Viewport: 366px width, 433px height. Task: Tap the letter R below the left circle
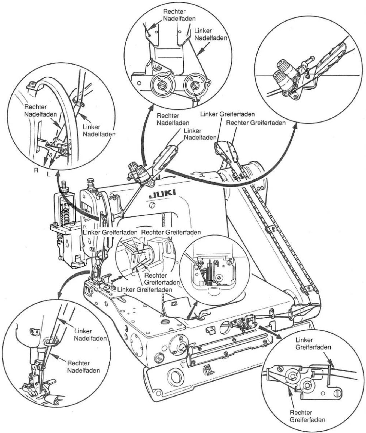[36, 170]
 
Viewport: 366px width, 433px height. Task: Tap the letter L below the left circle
[48, 174]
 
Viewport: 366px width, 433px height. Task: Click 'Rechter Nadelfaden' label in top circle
[179, 15]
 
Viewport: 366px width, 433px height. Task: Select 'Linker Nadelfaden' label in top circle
[210, 34]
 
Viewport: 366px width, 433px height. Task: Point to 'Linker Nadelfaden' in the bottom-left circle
[90, 335]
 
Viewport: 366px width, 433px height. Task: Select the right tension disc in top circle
[195, 84]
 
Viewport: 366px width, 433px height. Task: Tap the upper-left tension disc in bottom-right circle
[292, 376]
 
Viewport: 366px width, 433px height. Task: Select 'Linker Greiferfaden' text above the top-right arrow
[228, 114]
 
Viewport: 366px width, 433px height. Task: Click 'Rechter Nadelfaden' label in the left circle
[41, 111]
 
